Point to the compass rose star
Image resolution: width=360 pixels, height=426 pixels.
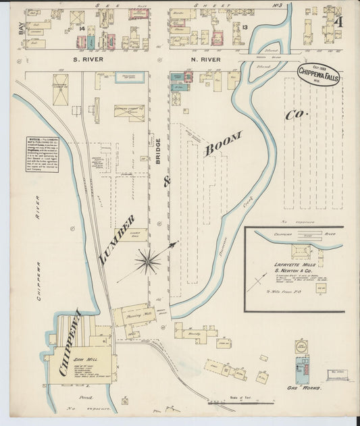148,261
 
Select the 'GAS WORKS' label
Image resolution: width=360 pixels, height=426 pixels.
303,390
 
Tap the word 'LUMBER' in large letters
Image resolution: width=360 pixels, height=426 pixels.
121,240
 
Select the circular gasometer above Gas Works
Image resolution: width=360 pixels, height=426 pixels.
301,347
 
